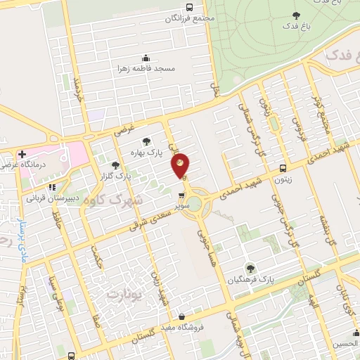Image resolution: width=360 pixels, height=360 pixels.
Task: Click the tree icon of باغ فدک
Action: (x=295, y=15)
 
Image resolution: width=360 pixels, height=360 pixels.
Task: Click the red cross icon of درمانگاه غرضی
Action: (x=22, y=154)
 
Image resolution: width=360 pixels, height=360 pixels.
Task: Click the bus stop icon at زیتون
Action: (x=283, y=168)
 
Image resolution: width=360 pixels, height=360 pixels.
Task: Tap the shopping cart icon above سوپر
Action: (x=182, y=196)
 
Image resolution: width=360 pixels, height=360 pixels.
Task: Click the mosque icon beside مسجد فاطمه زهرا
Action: (x=146, y=58)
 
